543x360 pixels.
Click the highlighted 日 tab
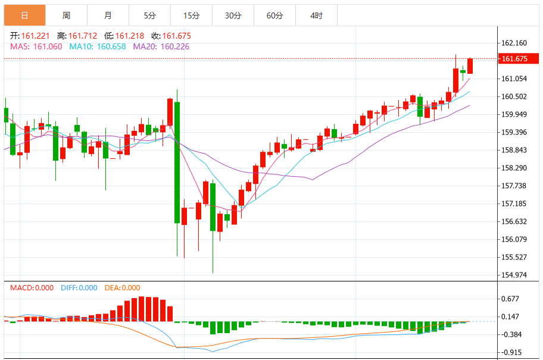24,15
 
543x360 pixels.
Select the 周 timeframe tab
66,15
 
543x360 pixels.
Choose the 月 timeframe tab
108,15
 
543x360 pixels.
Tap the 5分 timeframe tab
149,15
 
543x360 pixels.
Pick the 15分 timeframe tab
191,15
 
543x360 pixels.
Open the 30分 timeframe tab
233,15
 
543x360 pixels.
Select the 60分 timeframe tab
274,15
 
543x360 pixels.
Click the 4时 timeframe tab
316,15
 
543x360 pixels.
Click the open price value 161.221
35,36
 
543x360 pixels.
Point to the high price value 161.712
82,36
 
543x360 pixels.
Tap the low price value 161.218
130,36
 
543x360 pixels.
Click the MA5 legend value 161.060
48,47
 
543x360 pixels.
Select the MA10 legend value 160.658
111,47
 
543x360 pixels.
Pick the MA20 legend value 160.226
175,47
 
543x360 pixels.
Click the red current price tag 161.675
519,58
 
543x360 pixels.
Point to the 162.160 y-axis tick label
514,43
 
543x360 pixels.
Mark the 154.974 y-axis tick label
514,275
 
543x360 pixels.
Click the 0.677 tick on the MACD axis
510,299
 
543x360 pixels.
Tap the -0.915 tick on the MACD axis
510,352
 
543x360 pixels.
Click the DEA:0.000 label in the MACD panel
122,288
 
